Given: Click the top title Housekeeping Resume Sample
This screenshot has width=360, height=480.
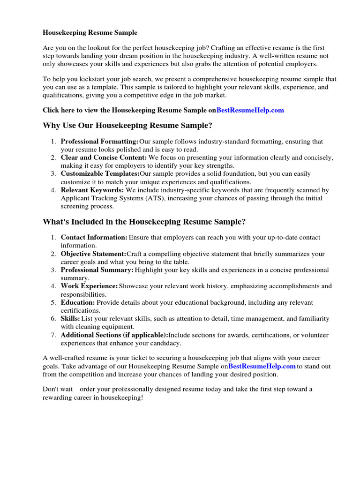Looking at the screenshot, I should (x=90, y=33).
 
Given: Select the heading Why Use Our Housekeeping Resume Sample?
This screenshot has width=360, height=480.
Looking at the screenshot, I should (x=127, y=125).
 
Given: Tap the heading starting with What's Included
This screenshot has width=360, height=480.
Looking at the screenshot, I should (x=144, y=221).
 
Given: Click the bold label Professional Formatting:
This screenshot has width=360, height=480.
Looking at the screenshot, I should (x=100, y=142).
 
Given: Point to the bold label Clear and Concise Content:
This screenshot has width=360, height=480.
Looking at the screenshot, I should (x=104, y=157).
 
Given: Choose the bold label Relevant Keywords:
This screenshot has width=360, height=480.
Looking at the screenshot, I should (x=92, y=190).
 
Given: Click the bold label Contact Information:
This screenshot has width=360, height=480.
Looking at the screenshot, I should (x=94, y=238).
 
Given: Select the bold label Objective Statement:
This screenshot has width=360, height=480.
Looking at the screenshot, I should (x=94, y=254).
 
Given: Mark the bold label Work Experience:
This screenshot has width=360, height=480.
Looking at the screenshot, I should (x=90, y=286).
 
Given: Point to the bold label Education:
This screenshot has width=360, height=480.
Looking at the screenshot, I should (x=78, y=302).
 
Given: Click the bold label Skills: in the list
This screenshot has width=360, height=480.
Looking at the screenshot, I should (x=70, y=319).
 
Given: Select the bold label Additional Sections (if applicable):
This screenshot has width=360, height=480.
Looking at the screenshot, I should (x=114, y=335).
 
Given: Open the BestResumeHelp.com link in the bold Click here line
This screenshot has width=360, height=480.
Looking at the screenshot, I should (x=250, y=110).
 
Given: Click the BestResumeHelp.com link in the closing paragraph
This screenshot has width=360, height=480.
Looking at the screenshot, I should (x=262, y=366).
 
